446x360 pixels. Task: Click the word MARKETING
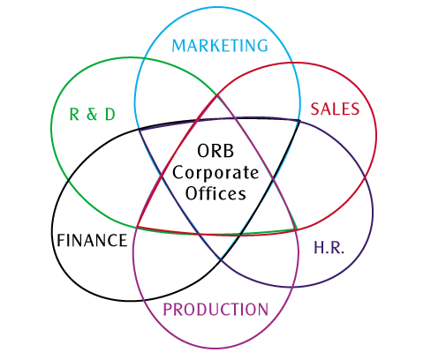[220, 46]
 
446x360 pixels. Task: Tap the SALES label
[335, 109]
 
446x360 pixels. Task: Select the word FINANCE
[92, 240]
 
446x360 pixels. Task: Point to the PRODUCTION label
[215, 310]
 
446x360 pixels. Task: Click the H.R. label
[329, 247]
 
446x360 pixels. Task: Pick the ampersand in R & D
[92, 114]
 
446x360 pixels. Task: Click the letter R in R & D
[74, 114]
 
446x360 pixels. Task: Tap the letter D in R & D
[110, 114]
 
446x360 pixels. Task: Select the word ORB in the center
[215, 151]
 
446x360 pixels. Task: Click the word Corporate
[215, 173]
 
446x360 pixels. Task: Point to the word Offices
[215, 193]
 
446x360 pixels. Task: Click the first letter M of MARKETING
[178, 46]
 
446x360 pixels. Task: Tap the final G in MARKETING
[262, 46]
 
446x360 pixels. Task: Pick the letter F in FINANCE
[61, 240]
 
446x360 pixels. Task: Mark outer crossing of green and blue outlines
[144, 58]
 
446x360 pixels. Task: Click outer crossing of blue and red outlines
[292, 63]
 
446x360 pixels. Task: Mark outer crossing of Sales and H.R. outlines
[366, 176]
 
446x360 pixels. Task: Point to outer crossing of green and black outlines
[68, 179]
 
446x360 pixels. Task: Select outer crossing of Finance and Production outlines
[144, 300]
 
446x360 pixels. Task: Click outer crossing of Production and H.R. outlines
[293, 287]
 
